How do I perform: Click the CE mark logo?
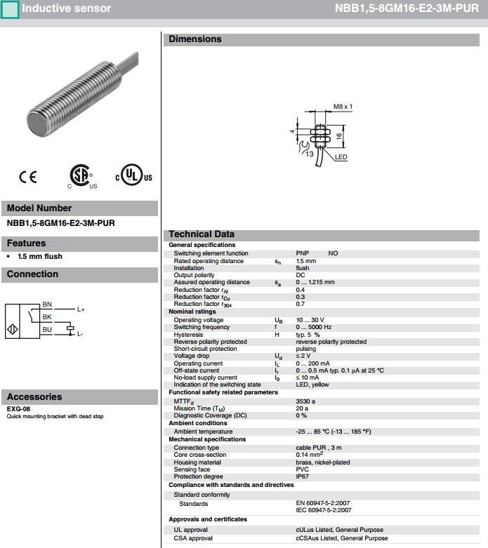pyautogui.click(x=28, y=178)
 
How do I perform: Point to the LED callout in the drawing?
pyautogui.click(x=341, y=157)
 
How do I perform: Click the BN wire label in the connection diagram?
pyautogui.click(x=47, y=305)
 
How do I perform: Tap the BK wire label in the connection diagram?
pyautogui.click(x=47, y=316)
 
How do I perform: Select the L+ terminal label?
pyautogui.click(x=81, y=309)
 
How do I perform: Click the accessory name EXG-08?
pyautogui.click(x=18, y=409)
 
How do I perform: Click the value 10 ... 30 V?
pyautogui.click(x=310, y=320)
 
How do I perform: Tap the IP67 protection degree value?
pyautogui.click(x=303, y=476)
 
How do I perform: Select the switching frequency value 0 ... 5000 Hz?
pyautogui.click(x=313, y=327)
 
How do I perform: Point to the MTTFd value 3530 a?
pyautogui.click(x=306, y=401)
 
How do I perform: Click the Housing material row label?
pyautogui.click(x=197, y=462)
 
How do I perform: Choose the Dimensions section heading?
pyautogui.click(x=194, y=39)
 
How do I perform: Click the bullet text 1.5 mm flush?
pyautogui.click(x=40, y=257)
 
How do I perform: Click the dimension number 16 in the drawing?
pyautogui.click(x=339, y=135)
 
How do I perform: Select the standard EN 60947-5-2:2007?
pyautogui.click(x=324, y=503)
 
